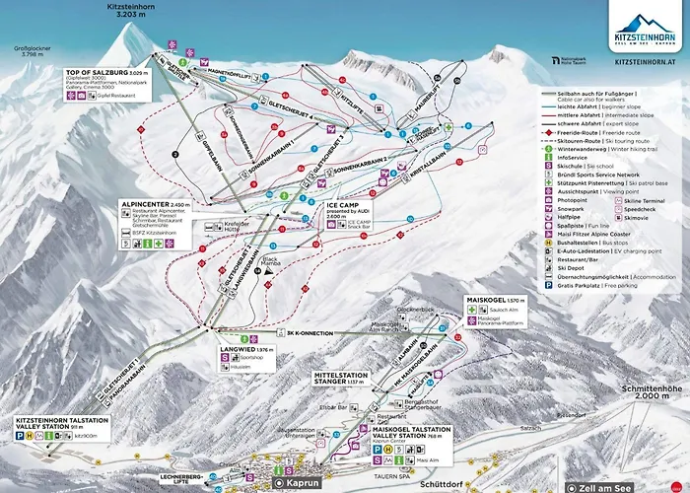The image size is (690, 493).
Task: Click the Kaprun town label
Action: click(x=300, y=484)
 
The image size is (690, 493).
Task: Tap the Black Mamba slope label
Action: click(x=273, y=262)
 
